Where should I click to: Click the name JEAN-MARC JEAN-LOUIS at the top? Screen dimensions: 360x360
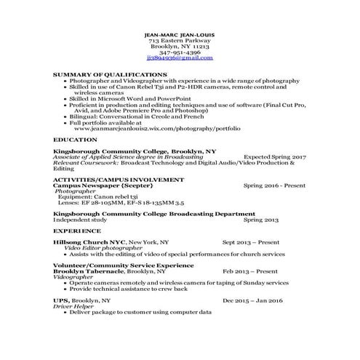(x=180, y=34)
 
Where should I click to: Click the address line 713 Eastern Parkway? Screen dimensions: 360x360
(x=180, y=40)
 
